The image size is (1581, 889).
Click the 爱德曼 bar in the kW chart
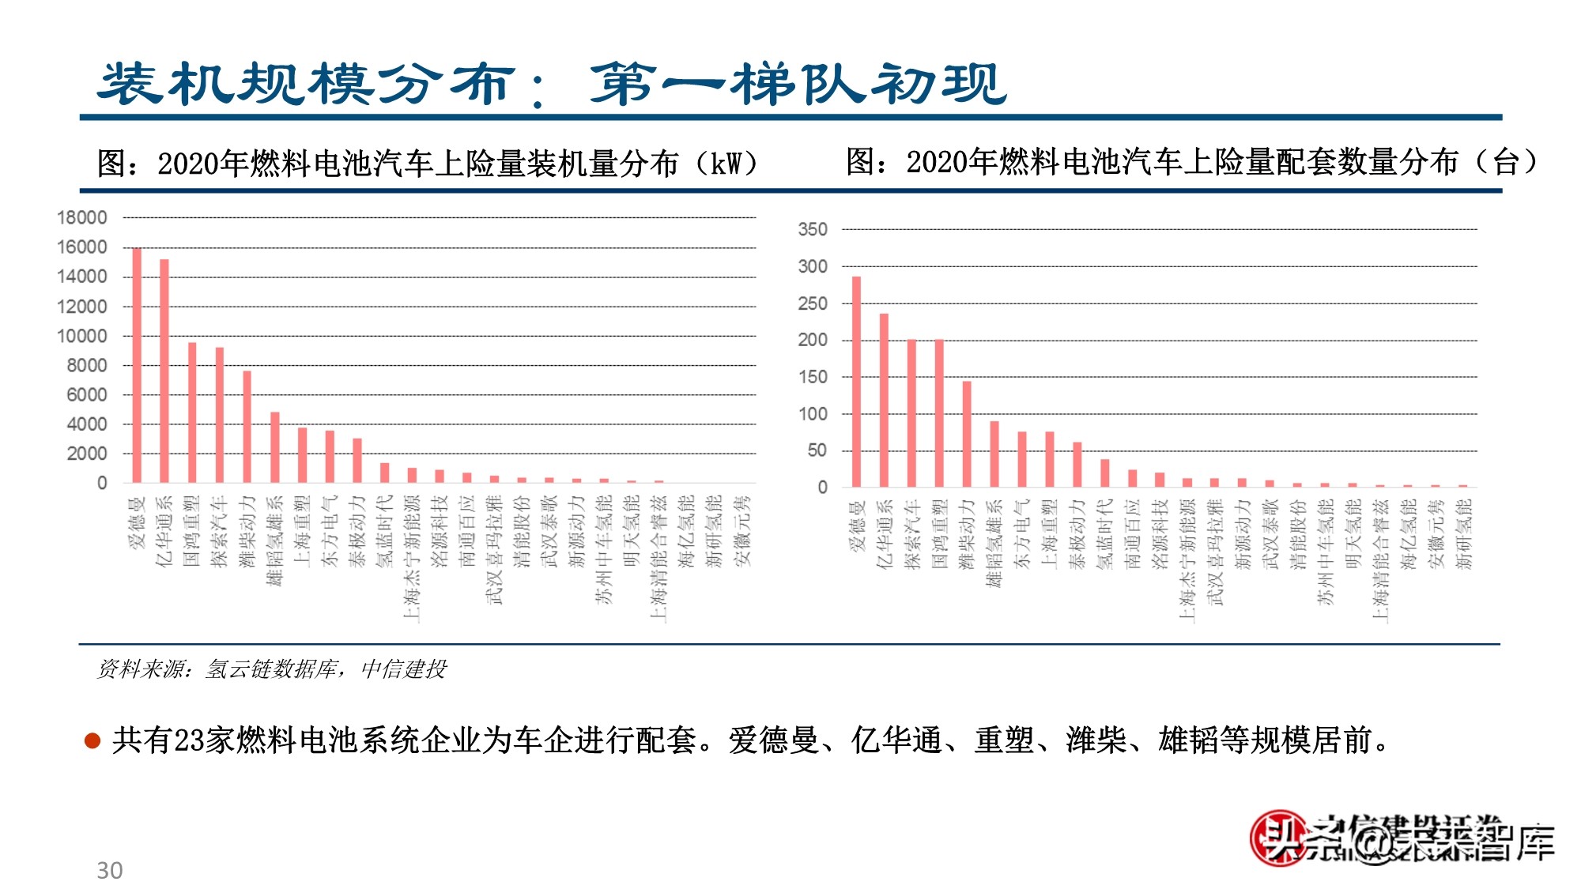[x=137, y=365]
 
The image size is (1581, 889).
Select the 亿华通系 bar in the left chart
[x=164, y=371]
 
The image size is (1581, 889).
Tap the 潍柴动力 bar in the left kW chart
[x=247, y=427]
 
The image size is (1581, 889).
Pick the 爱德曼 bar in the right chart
[x=857, y=382]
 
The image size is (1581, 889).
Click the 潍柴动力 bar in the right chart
[x=967, y=434]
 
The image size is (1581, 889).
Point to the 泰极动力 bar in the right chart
[x=1077, y=465]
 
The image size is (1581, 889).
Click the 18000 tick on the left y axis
[x=81, y=217]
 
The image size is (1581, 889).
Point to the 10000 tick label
[x=81, y=336]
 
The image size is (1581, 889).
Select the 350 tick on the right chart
[x=813, y=229]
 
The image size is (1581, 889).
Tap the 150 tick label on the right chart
[x=813, y=377]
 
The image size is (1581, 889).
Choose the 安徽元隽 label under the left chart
[x=742, y=530]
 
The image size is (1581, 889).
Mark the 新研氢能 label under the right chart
[x=1464, y=533]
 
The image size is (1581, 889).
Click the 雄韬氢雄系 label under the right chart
[x=994, y=543]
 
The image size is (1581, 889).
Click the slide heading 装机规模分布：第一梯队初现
[x=552, y=84]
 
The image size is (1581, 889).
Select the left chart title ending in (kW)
[x=427, y=164]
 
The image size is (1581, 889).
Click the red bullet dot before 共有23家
[x=92, y=741]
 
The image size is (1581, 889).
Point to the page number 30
[x=110, y=870]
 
